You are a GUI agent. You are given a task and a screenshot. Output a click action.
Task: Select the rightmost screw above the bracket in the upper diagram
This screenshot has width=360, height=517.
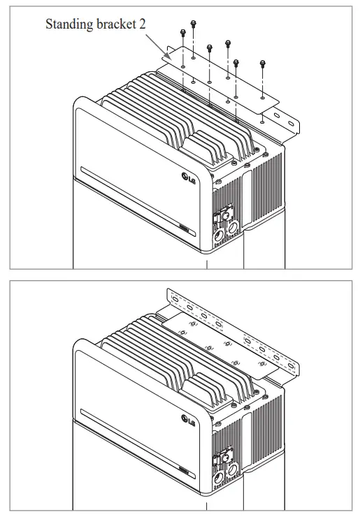coord(263,64)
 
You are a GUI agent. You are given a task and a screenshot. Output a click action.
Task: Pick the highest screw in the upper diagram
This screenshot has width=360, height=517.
coord(194,24)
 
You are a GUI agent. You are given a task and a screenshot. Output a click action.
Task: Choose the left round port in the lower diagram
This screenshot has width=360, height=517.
coord(218,479)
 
